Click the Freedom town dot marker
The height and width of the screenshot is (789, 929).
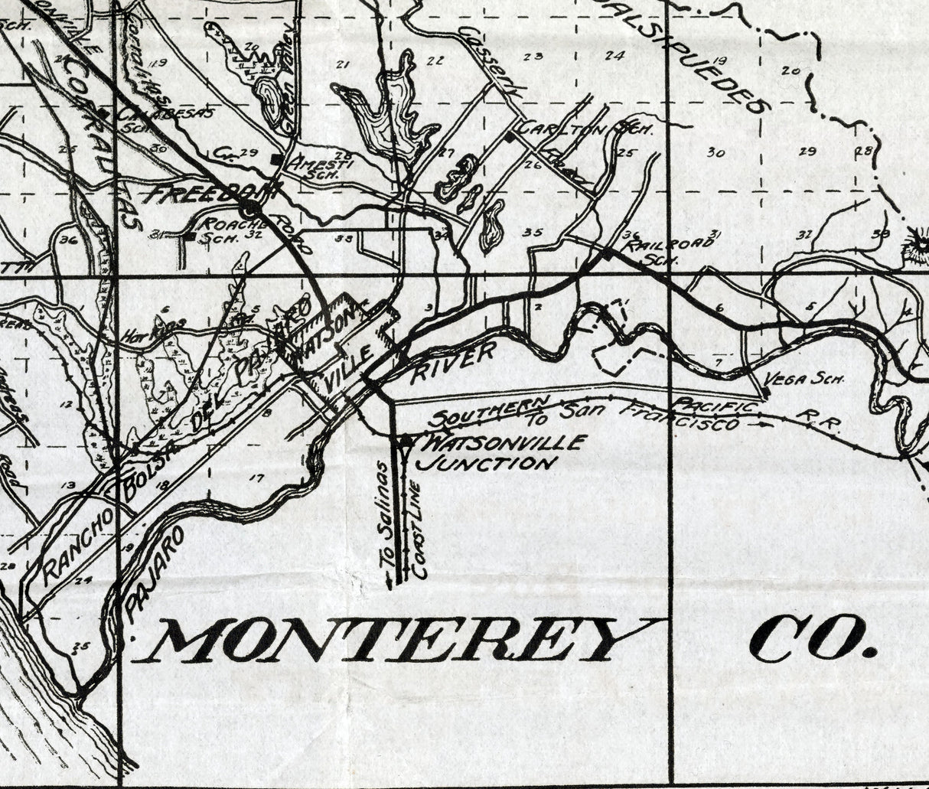(249, 208)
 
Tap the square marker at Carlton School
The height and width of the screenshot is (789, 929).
(510, 137)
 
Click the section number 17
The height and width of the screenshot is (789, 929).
(256, 478)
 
